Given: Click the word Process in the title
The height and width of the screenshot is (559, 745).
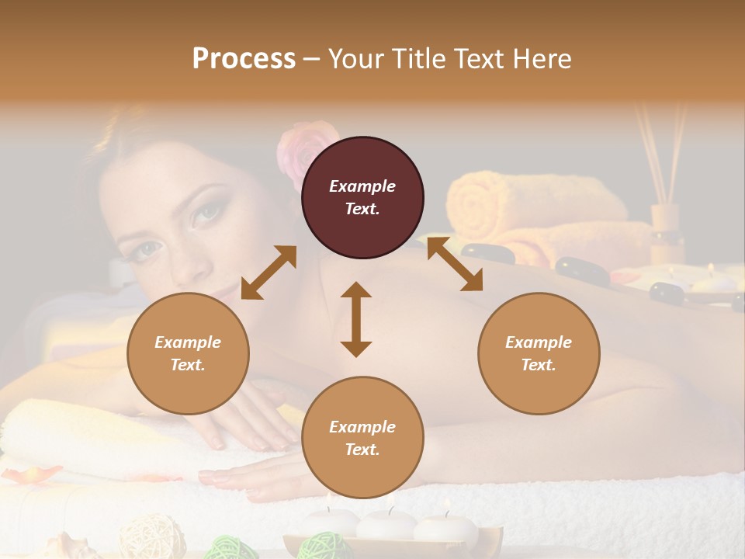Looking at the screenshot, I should (x=244, y=59).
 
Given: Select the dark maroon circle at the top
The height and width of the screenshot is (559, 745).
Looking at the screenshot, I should (x=362, y=197).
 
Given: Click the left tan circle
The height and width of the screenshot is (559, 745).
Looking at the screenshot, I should (x=188, y=353).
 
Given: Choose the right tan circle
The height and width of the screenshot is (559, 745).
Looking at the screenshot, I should (x=539, y=353).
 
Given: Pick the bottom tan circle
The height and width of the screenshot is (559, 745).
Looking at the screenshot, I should (x=362, y=438).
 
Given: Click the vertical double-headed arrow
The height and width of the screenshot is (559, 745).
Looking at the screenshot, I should (x=356, y=319).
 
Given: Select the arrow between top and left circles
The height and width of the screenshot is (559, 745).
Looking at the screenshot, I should (x=269, y=273).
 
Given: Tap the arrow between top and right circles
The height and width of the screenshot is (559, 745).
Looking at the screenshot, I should (x=455, y=264).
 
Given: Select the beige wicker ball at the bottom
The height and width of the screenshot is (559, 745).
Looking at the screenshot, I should (x=152, y=535).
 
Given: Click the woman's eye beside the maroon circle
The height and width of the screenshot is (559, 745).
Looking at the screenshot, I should (x=206, y=213).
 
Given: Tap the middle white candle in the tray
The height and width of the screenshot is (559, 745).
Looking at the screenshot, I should (x=386, y=524).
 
